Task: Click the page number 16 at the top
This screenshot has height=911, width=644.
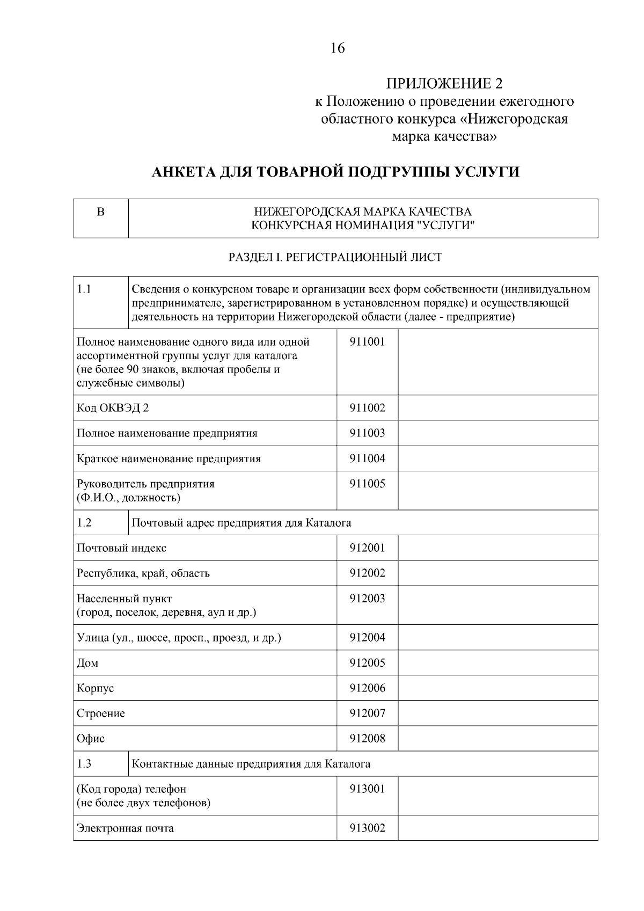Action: [338, 48]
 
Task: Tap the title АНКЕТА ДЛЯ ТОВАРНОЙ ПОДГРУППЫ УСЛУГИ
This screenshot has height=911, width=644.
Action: [336, 172]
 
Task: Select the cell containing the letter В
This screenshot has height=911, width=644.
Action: [100, 212]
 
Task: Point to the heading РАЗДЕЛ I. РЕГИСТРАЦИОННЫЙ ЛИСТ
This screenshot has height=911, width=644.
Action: [335, 257]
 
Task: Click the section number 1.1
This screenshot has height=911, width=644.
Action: [84, 289]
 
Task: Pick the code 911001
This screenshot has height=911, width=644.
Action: [367, 341]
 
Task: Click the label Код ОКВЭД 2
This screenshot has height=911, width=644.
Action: [113, 408]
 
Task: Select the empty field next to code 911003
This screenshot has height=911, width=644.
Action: [497, 433]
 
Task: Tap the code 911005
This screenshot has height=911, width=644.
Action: [367, 484]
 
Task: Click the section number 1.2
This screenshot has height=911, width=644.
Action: [84, 522]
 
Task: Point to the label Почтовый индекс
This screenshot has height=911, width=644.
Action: [121, 548]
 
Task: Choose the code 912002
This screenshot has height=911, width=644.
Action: [367, 573]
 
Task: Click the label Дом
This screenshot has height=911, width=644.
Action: [87, 663]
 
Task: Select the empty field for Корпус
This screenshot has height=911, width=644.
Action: [497, 688]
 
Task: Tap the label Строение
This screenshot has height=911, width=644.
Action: [100, 713]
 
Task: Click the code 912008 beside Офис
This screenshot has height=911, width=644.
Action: [367, 739]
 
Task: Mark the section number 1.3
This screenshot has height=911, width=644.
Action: [84, 763]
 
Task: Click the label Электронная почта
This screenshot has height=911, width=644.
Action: [125, 828]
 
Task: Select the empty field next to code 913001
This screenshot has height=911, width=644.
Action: [497, 796]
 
